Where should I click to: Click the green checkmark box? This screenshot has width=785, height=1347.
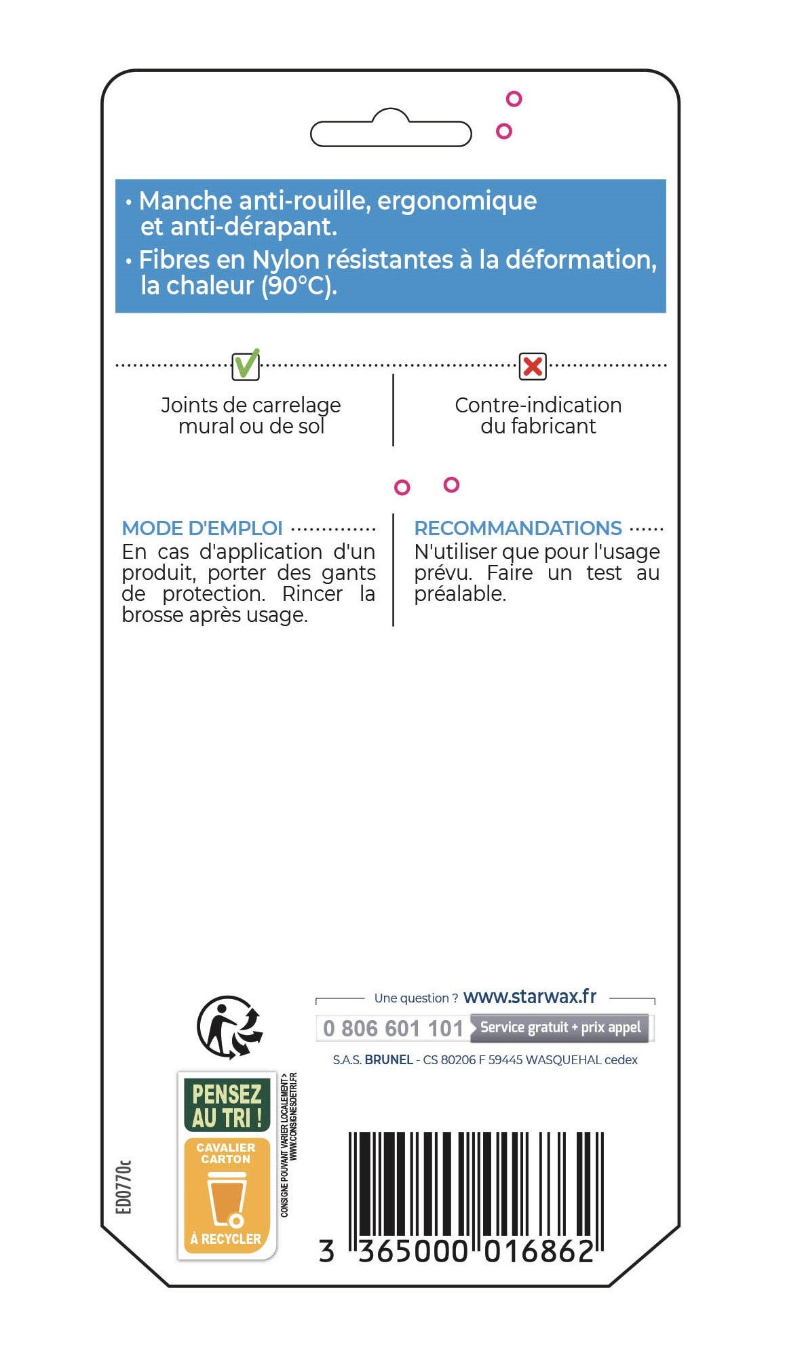point(246,366)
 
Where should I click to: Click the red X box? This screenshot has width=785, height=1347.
point(533,366)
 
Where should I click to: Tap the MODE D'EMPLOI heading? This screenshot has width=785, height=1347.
point(202,528)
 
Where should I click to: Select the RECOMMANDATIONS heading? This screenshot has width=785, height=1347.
point(518,528)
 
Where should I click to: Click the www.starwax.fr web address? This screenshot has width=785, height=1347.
point(529,996)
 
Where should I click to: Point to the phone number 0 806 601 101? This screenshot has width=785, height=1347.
point(393,1028)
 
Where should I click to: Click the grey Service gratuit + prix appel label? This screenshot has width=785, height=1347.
point(560,1028)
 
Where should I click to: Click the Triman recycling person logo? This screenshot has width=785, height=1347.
point(229,1027)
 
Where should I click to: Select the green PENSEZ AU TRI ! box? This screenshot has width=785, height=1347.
point(227,1106)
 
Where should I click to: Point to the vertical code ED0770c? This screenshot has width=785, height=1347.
point(123,1187)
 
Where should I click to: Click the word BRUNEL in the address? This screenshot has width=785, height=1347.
point(389,1060)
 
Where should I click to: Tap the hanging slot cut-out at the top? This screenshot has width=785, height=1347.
point(391,132)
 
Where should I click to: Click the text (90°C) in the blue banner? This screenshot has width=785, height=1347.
point(299,286)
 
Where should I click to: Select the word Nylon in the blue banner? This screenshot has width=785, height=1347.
point(285,260)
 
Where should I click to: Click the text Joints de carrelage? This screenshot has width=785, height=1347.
point(250,405)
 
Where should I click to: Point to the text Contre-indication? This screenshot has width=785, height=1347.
point(538,405)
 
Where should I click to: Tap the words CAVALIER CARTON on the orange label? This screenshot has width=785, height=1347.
point(226,1153)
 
